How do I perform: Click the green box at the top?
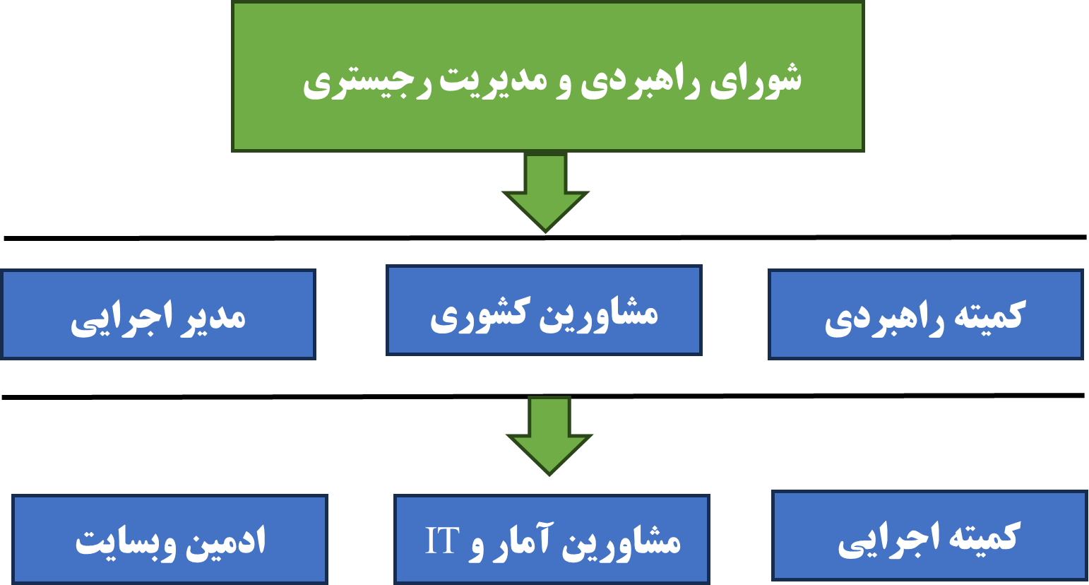(x=548, y=76)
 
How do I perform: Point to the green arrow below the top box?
(x=545, y=193)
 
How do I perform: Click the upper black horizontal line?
(x=544, y=238)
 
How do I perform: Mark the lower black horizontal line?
(x=543, y=396)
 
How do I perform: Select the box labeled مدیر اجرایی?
(x=158, y=314)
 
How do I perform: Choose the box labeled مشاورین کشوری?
(x=544, y=310)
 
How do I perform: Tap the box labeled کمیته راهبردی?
(x=926, y=314)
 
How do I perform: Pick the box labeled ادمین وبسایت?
(x=170, y=539)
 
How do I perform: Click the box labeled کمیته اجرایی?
(x=929, y=536)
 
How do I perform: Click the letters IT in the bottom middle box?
(x=442, y=540)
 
